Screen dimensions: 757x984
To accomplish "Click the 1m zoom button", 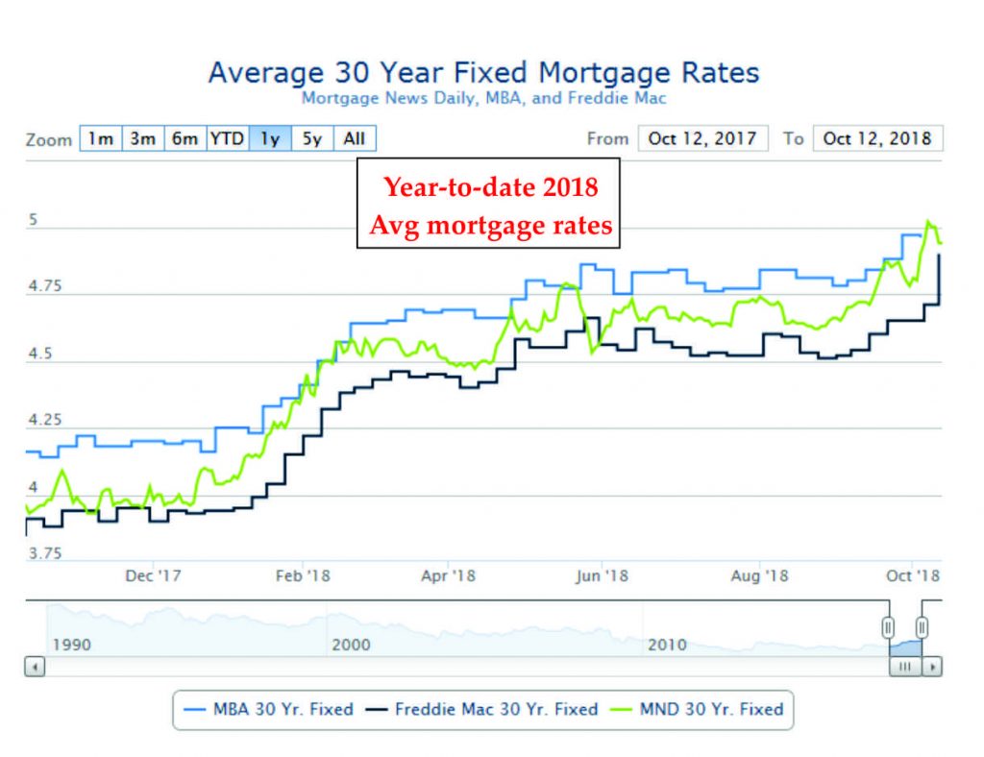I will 101,138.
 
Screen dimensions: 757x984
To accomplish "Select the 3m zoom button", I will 142,138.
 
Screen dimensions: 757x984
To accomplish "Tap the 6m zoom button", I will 184,138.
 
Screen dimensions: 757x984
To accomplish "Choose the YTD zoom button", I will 228,138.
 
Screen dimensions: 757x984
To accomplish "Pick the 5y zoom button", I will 311,138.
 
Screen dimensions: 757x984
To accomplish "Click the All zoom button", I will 355,138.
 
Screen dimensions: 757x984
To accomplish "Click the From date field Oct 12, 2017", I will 702,138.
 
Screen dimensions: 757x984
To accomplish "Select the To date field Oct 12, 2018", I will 877,138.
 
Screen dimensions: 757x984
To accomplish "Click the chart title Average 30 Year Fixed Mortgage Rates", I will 483,73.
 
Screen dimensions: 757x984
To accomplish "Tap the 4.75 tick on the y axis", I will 46,286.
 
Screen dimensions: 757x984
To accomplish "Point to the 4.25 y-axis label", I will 46,421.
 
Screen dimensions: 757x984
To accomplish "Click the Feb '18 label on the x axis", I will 303,575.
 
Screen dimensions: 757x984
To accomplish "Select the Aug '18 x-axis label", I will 760,575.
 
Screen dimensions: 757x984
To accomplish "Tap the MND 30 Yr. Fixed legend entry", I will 700,710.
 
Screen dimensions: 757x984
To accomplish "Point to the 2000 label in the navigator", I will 351,645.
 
